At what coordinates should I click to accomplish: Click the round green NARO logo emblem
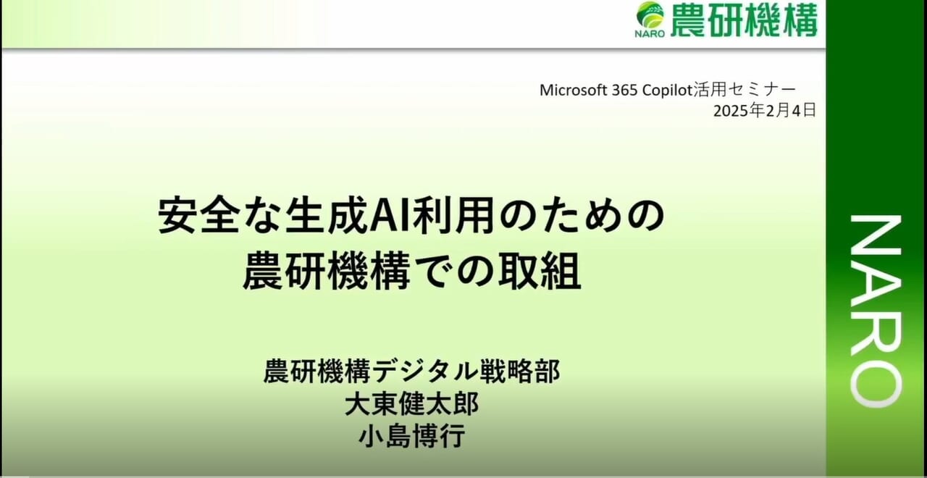(x=650, y=15)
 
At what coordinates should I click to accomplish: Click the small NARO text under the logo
(x=650, y=33)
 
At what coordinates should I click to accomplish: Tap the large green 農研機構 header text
(x=744, y=20)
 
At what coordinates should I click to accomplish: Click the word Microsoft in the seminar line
(x=574, y=91)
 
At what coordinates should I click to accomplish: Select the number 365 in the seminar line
(x=624, y=91)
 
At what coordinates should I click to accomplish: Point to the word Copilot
(x=667, y=91)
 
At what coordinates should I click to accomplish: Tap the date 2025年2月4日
(x=764, y=111)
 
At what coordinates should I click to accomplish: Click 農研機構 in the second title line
(x=327, y=272)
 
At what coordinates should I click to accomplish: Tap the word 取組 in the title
(x=540, y=272)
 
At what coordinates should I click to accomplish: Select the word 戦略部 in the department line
(x=519, y=371)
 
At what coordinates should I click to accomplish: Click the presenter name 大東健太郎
(x=412, y=404)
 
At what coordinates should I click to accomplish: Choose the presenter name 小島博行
(x=412, y=436)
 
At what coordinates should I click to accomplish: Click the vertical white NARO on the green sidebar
(x=876, y=311)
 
